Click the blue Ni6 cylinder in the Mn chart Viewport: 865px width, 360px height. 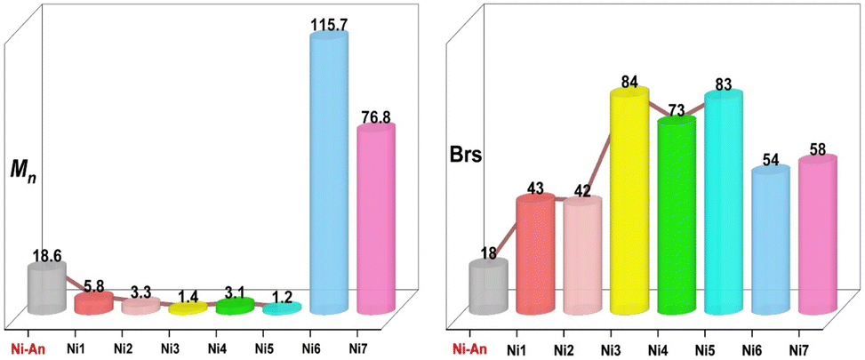[328, 173]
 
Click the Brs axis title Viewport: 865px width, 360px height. [465, 156]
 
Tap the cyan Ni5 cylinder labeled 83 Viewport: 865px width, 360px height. [724, 203]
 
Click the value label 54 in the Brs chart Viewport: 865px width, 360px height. [771, 160]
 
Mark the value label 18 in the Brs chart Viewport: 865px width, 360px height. [488, 253]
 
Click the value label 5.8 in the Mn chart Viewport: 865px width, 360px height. [94, 287]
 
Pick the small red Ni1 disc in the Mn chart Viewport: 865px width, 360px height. [93, 304]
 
